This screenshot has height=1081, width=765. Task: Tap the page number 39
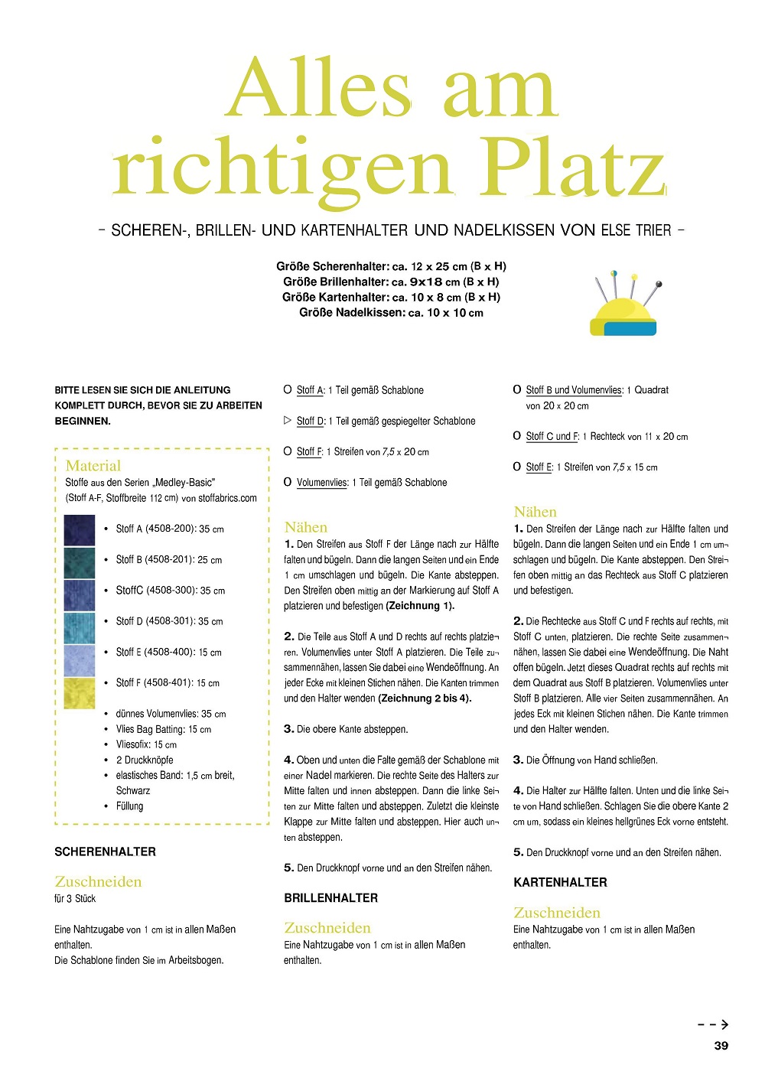[721, 1045]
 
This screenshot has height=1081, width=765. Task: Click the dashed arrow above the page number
[713, 1024]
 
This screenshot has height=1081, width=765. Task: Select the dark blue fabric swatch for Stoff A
[80, 529]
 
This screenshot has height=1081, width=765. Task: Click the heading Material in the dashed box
[93, 465]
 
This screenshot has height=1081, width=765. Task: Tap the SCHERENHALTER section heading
[105, 851]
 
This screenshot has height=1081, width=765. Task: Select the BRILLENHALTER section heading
[330, 897]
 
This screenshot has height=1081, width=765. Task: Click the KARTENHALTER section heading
[560, 882]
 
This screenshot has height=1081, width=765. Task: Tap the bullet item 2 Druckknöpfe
[145, 760]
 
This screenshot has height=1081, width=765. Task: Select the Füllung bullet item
[129, 806]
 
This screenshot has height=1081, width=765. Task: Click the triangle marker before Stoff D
[288, 420]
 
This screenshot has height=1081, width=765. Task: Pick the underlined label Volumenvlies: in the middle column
[322, 482]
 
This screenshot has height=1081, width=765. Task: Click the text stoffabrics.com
[227, 498]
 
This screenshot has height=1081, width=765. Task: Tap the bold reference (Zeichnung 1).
[420, 605]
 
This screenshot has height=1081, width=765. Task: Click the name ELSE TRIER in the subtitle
[636, 230]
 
